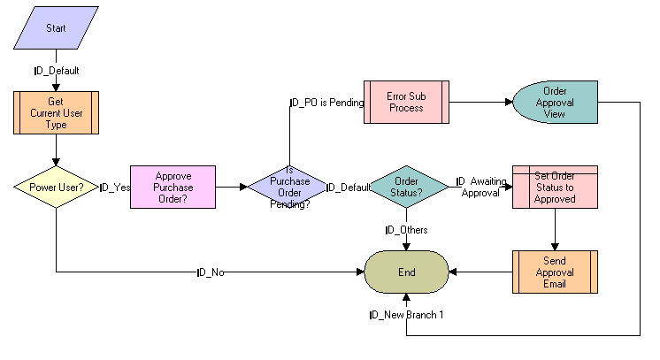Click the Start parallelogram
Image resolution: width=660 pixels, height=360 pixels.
[x=56, y=28]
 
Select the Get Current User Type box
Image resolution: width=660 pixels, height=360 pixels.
[x=56, y=112]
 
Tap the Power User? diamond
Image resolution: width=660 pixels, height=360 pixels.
[x=56, y=187]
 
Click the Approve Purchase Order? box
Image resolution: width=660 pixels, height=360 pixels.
[x=173, y=187]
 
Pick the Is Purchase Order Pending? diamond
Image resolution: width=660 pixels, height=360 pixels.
[x=287, y=187]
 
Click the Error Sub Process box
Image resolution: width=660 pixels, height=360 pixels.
[x=406, y=102]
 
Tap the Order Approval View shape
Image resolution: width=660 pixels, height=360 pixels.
[x=555, y=102]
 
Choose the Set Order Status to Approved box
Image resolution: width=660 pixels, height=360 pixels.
[x=555, y=187]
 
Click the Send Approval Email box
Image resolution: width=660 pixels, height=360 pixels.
[x=555, y=272]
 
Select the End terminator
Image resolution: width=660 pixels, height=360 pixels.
[x=406, y=272]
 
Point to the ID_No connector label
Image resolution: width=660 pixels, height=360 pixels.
[x=211, y=272]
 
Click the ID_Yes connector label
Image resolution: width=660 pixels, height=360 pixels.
[x=115, y=188]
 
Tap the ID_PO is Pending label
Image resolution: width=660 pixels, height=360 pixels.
[x=326, y=103]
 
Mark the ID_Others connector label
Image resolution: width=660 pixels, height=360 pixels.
[x=406, y=230]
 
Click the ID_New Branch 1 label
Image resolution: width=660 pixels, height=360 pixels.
[x=406, y=314]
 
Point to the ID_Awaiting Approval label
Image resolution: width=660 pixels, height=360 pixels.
[x=482, y=187]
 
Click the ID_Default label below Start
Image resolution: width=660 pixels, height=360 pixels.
[x=56, y=70]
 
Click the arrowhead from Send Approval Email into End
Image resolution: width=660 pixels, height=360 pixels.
[x=453, y=272]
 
